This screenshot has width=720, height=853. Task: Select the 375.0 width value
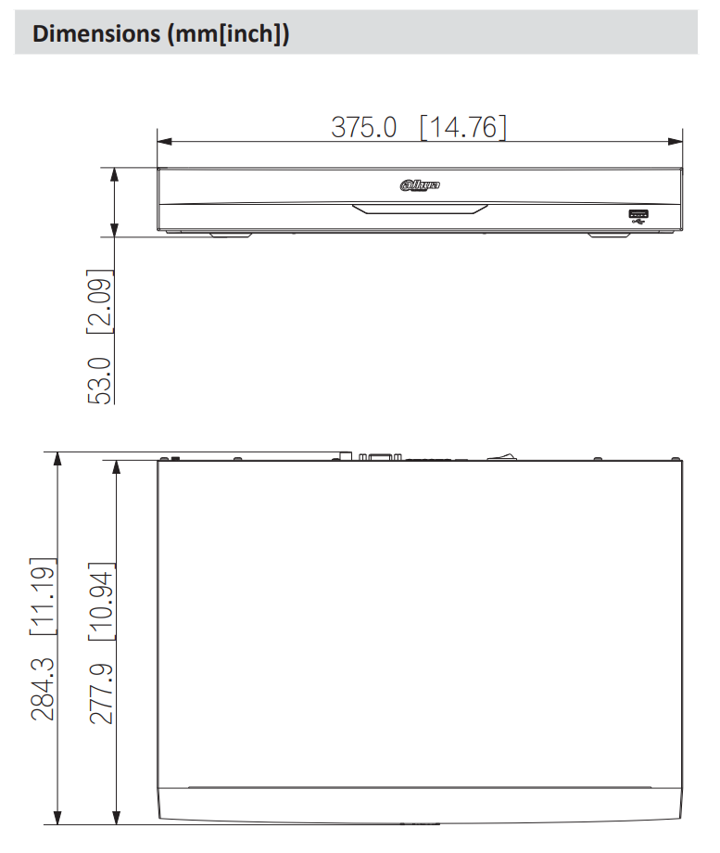click(364, 126)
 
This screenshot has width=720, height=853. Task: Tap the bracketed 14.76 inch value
click(463, 126)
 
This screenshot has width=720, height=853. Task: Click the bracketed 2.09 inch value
click(99, 302)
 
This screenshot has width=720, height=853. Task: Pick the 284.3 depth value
click(44, 689)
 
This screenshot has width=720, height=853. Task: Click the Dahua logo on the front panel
click(420, 185)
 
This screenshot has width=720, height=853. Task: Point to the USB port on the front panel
click(638, 216)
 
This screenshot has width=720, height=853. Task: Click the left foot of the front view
click(231, 235)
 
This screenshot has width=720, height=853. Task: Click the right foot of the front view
click(610, 235)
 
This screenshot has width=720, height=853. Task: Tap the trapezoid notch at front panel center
click(419, 209)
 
